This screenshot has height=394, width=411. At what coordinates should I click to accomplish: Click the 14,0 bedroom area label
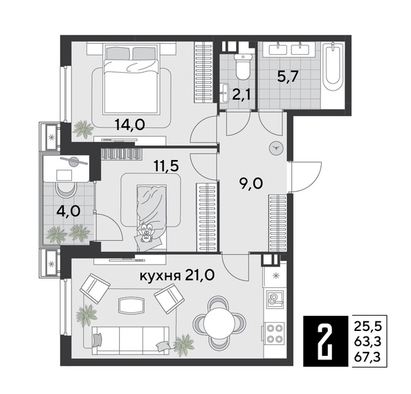pos(130,125)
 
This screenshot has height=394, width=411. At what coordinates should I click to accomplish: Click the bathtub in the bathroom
pos(334,76)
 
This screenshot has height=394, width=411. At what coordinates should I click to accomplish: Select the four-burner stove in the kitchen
pos(275,334)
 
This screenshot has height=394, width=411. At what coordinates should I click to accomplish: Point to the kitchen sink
pos(275,299)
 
